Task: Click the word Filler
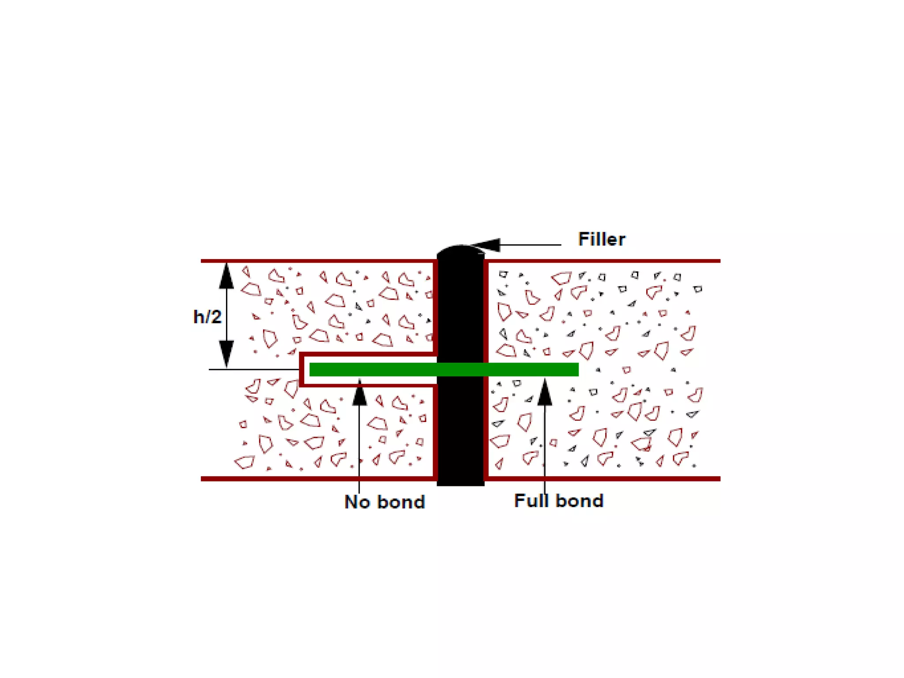601,239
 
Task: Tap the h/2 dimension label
207,317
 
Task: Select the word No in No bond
357,502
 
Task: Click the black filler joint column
460,424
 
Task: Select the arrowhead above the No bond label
360,393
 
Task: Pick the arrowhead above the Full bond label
545,393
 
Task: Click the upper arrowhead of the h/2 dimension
226,276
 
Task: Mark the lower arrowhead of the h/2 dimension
226,353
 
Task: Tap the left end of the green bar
312,369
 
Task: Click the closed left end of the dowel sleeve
301,369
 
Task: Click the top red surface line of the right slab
605,261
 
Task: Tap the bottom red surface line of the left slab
318,478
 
